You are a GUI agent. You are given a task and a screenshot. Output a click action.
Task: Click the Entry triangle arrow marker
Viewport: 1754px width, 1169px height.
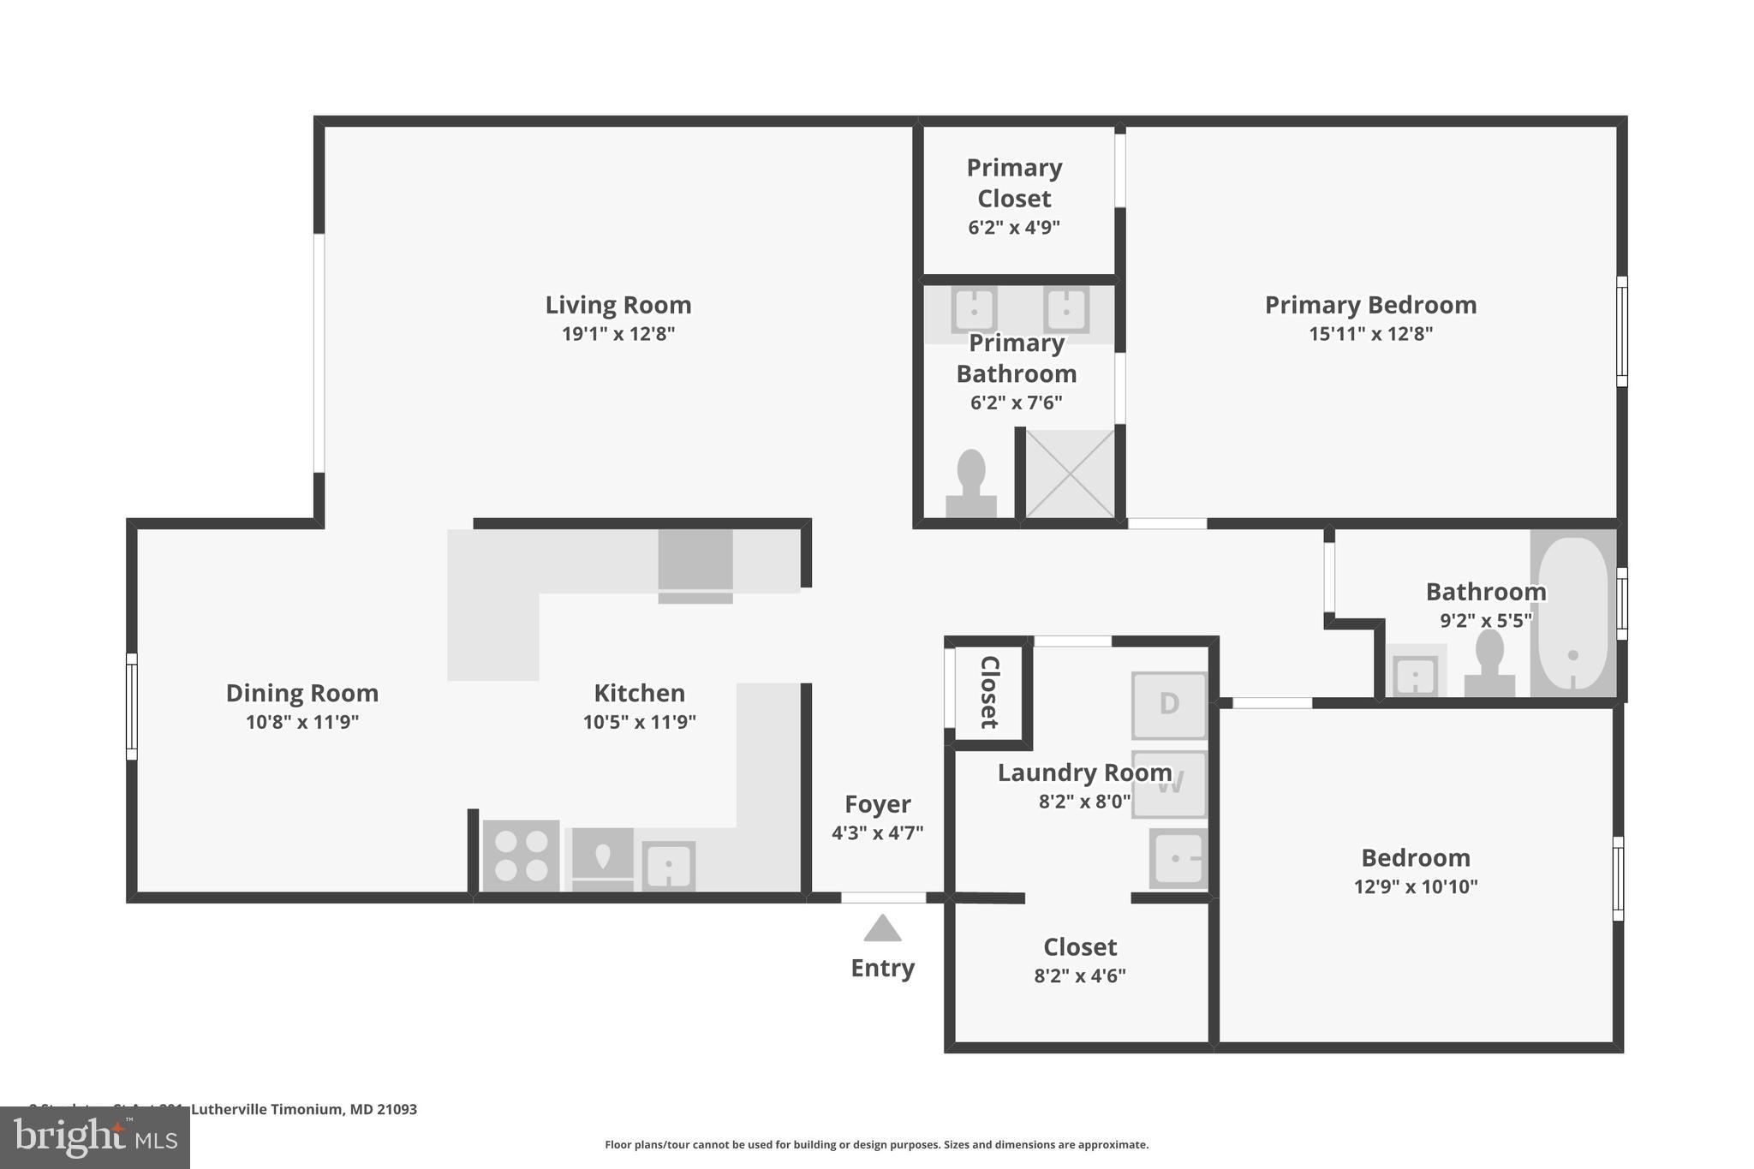tap(882, 929)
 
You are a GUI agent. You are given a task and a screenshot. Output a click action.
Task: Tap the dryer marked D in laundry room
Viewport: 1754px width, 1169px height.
tap(1169, 705)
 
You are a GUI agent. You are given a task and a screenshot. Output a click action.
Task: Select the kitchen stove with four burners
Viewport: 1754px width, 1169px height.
tap(521, 856)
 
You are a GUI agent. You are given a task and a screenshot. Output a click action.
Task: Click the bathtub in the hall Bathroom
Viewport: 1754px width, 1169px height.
tap(1573, 613)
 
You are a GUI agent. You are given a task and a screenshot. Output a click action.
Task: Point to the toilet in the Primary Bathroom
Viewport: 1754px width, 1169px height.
tap(971, 485)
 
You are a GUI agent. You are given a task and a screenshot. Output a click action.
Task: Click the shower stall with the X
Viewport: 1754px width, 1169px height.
tap(1071, 474)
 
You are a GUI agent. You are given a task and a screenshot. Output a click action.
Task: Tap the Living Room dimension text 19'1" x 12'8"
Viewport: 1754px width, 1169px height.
tap(617, 334)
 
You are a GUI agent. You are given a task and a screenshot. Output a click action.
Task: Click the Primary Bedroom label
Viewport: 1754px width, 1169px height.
tap(1370, 305)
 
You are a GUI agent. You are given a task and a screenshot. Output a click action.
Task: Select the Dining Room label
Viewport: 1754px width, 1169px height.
tap(301, 693)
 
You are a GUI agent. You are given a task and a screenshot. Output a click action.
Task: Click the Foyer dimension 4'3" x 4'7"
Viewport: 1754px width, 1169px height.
tap(877, 832)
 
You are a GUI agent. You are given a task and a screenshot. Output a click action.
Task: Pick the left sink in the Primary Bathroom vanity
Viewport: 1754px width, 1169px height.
tap(974, 309)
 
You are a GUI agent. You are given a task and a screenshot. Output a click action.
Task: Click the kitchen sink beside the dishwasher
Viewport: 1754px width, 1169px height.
tap(668, 867)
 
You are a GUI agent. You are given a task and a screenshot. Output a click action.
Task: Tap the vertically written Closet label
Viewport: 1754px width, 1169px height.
tap(989, 692)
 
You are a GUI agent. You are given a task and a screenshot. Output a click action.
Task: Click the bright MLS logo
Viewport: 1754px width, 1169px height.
tap(95, 1137)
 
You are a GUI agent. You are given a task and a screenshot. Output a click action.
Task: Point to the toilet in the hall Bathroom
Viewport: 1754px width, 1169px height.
tap(1489, 665)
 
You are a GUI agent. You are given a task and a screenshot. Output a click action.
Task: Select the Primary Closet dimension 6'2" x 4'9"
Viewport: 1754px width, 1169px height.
tap(1014, 228)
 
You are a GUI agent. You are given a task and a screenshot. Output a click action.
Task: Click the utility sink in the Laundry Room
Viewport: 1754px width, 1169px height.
tap(1178, 858)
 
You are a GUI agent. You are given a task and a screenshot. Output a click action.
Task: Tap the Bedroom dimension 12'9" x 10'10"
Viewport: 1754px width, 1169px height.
tap(1416, 887)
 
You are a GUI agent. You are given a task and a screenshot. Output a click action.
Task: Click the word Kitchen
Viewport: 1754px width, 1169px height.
tap(639, 693)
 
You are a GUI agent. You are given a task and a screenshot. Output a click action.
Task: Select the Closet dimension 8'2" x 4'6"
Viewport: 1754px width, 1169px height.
tap(1079, 976)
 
